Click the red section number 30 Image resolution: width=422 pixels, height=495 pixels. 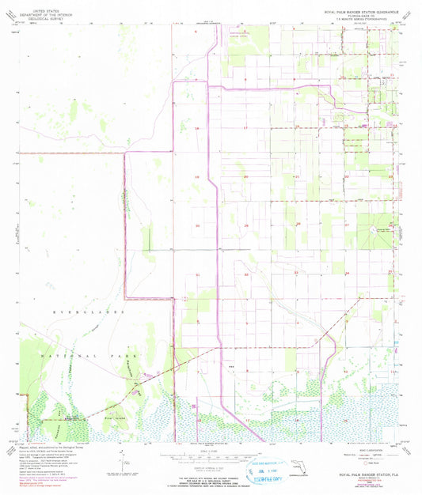click(197, 225)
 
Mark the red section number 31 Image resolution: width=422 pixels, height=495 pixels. click(197, 274)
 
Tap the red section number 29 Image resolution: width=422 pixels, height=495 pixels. click(246, 225)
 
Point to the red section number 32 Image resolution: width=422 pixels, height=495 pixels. click(246, 274)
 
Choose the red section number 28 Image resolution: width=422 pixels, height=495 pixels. click(297, 224)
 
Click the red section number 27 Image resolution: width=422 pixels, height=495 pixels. click(346, 225)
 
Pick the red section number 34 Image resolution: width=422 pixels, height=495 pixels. click(346, 274)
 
